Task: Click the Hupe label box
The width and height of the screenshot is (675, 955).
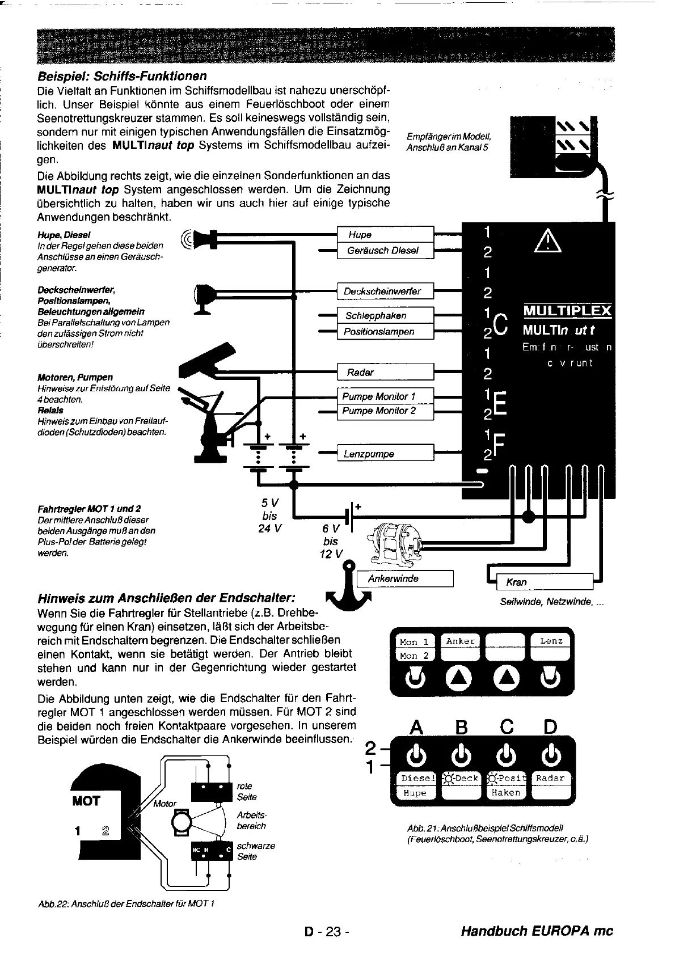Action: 385,234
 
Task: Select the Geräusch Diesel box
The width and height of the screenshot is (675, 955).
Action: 385,250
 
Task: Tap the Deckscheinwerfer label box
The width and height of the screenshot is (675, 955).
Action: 385,291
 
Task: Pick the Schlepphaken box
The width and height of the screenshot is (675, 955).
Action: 385,315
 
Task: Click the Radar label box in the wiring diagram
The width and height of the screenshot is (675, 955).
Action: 385,372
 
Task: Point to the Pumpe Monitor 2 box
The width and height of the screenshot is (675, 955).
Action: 385,411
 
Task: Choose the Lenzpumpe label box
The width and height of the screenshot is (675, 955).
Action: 385,454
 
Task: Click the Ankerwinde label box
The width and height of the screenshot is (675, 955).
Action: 405,578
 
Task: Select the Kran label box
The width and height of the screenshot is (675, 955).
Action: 544,582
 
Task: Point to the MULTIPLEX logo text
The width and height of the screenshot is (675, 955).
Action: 567,311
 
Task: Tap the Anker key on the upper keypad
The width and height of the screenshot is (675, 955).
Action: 460,641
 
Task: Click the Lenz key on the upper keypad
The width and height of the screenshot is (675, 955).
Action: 551,641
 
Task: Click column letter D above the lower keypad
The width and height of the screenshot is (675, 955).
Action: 550,727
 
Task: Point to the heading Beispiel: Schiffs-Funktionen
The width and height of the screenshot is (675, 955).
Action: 122,76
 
